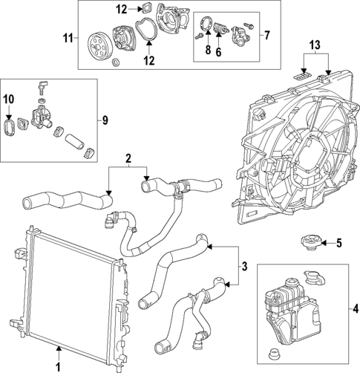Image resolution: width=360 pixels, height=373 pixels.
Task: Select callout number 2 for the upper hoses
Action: coord(128,159)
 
